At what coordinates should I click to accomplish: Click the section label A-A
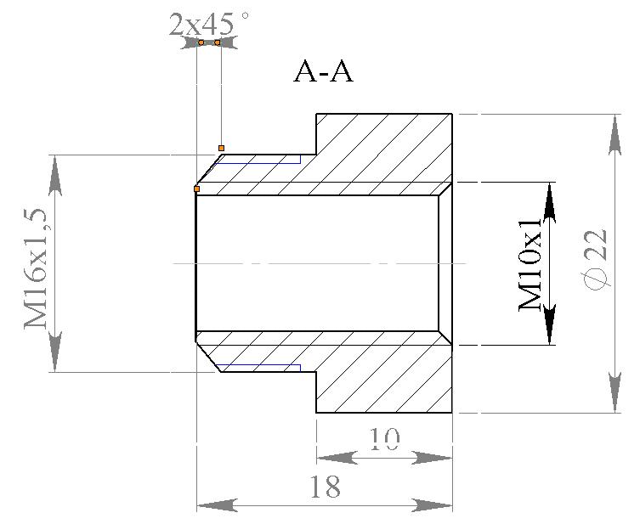(x=323, y=72)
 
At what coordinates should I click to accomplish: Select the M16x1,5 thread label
(x=37, y=264)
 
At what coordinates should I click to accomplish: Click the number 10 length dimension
(x=385, y=438)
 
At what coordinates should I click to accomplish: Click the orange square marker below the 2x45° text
(x=221, y=148)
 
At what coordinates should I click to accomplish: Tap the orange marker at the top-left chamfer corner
(x=196, y=189)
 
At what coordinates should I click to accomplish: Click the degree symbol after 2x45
(x=246, y=14)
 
